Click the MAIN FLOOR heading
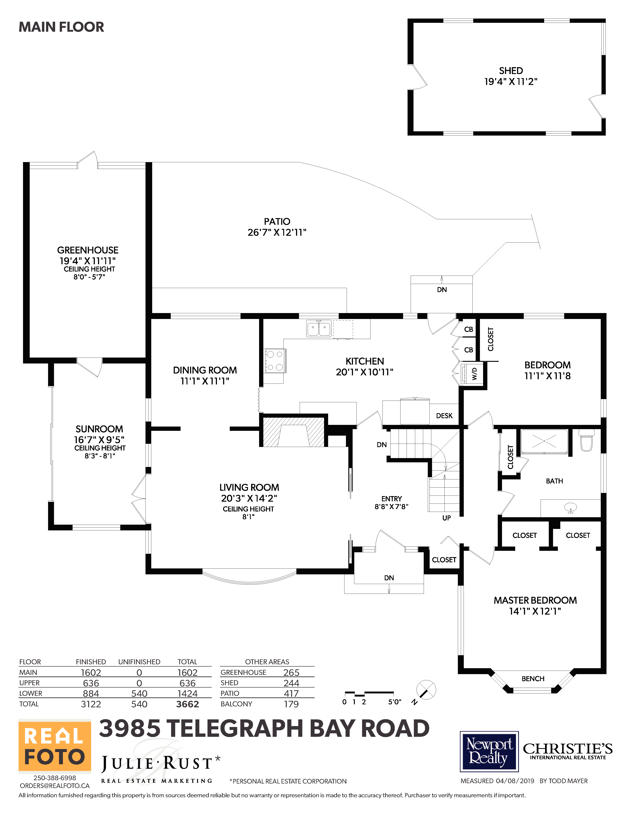click(x=61, y=27)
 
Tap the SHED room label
click(x=511, y=71)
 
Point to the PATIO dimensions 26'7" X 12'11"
click(x=277, y=232)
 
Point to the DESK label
click(x=444, y=416)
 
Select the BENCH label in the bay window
click(x=533, y=679)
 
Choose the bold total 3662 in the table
click(x=188, y=704)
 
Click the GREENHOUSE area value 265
click(x=291, y=672)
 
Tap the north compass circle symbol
click(x=426, y=689)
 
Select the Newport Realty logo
click(x=489, y=751)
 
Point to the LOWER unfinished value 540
click(x=139, y=694)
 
